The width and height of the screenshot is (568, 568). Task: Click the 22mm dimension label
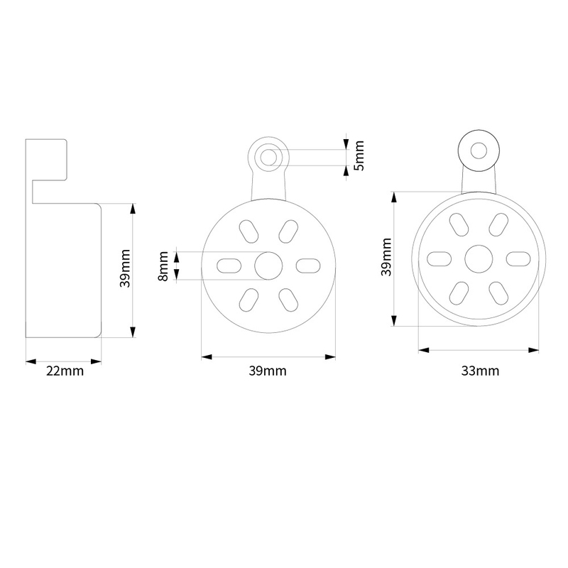pyautogui.click(x=65, y=371)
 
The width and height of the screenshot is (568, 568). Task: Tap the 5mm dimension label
pyautogui.click(x=359, y=155)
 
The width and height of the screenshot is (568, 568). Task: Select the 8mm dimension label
pyautogui.click(x=163, y=266)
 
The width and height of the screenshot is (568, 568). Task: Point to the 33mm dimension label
pyautogui.click(x=480, y=371)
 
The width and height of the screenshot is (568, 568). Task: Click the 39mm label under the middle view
pyautogui.click(x=268, y=371)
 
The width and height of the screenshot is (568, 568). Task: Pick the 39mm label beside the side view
pyautogui.click(x=125, y=268)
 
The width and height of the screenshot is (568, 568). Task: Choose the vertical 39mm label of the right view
pyautogui.click(x=386, y=257)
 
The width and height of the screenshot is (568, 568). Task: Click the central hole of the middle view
pyautogui.click(x=268, y=266)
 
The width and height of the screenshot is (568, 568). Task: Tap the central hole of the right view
pyautogui.click(x=479, y=259)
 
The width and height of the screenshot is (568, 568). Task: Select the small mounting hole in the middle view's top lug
pyautogui.click(x=268, y=157)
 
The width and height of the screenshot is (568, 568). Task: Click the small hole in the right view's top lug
pyautogui.click(x=479, y=151)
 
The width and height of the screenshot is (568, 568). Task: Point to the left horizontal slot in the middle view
pyautogui.click(x=229, y=266)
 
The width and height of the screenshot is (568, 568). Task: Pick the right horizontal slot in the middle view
pyautogui.click(x=308, y=266)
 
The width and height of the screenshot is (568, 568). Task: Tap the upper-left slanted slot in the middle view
pyautogui.click(x=249, y=231)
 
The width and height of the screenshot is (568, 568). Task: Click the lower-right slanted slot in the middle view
pyautogui.click(x=288, y=300)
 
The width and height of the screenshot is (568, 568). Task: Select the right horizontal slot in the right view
pyautogui.click(x=518, y=259)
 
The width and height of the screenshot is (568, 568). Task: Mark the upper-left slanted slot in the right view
pyautogui.click(x=459, y=224)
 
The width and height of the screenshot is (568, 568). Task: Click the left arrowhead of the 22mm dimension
pyautogui.click(x=31, y=361)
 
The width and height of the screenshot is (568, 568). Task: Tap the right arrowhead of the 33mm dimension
pyautogui.click(x=534, y=350)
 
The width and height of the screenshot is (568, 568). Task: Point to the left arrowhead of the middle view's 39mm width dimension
pyautogui.click(x=207, y=357)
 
